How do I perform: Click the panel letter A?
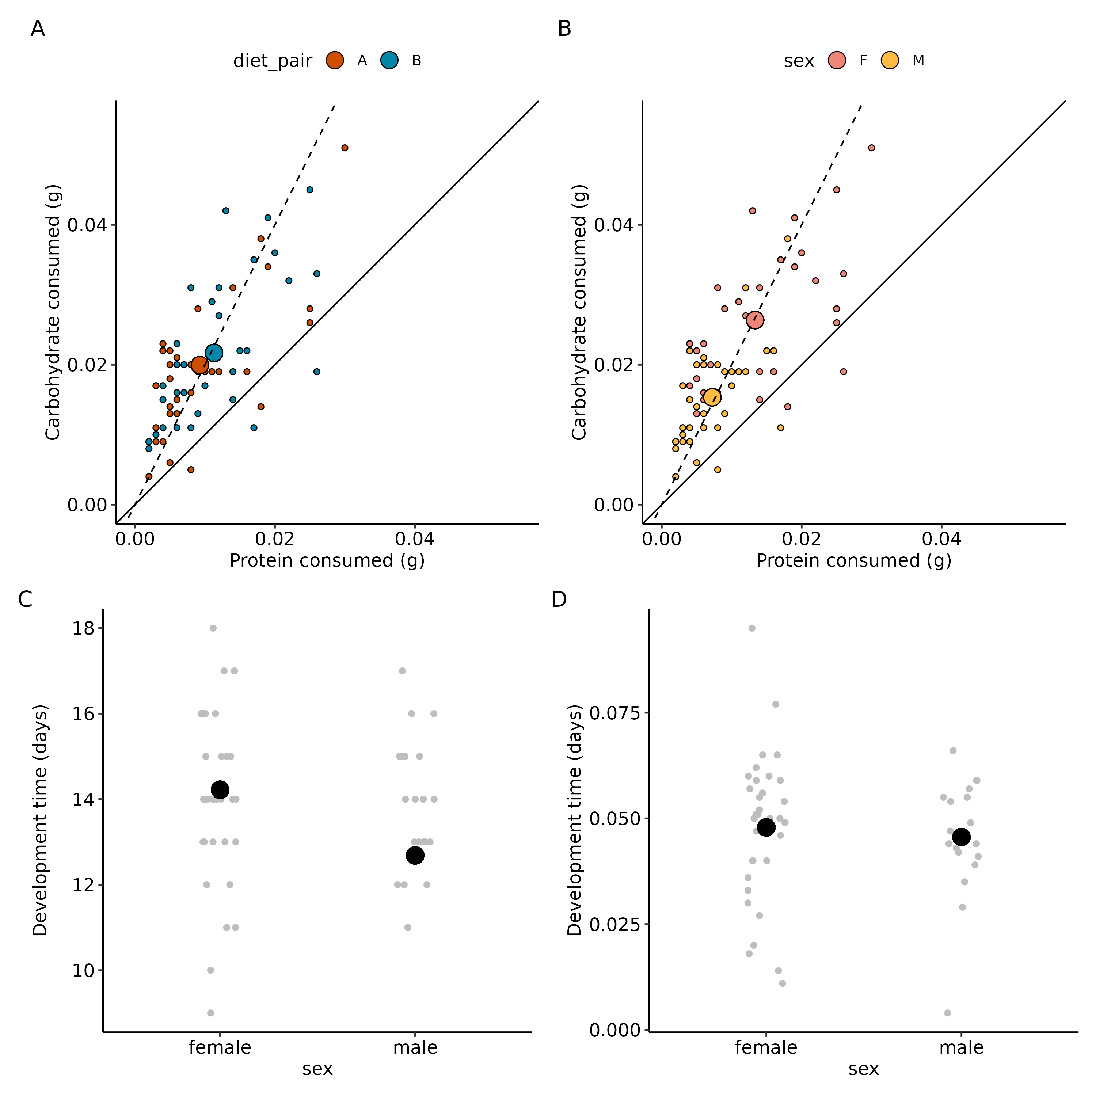(x=37, y=28)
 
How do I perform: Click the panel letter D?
(x=559, y=599)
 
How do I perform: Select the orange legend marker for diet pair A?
(x=335, y=60)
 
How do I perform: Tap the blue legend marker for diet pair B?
(x=389, y=60)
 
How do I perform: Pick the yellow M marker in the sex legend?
(x=890, y=60)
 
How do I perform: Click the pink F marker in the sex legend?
(x=837, y=60)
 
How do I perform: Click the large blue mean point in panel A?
(x=214, y=353)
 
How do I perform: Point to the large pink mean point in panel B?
(x=755, y=320)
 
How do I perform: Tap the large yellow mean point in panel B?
(x=712, y=398)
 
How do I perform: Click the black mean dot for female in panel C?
(x=220, y=789)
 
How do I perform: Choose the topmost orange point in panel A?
(x=345, y=148)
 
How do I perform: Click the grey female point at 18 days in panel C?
(x=213, y=628)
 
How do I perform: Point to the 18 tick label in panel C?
(x=83, y=628)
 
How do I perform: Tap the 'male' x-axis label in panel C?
(x=415, y=1047)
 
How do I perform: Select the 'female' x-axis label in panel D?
(x=766, y=1047)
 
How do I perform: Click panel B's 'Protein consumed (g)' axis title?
(x=854, y=560)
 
